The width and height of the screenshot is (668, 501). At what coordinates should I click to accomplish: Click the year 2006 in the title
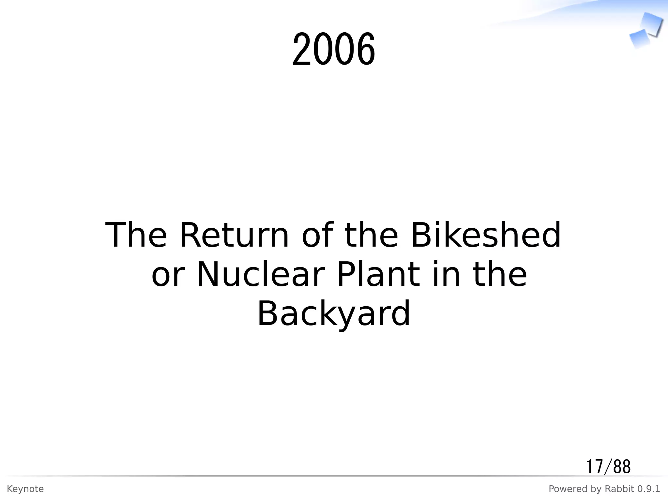[x=334, y=50]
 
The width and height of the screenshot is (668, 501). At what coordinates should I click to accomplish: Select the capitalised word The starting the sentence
[x=136, y=235]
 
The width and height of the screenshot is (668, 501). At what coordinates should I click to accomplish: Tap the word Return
[x=234, y=235]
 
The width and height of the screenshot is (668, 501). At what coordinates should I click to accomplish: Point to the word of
[x=318, y=235]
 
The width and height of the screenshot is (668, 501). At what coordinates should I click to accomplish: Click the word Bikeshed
[x=486, y=235]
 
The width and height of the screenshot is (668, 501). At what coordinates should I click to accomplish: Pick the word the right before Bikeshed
[x=371, y=235]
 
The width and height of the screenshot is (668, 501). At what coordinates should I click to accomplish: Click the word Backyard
[x=334, y=314]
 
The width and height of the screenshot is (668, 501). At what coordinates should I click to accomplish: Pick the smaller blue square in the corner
[x=639, y=38]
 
